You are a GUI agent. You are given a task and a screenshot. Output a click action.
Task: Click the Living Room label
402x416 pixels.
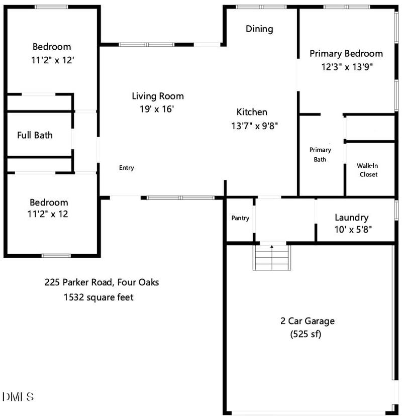[158, 96]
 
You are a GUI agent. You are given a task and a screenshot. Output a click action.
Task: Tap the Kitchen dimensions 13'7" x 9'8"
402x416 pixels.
[254, 126]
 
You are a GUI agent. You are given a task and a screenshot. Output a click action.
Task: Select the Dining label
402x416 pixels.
[259, 29]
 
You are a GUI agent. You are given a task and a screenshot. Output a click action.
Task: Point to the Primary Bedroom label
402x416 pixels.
[346, 54]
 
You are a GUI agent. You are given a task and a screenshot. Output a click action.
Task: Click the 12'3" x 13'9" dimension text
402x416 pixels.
[347, 67]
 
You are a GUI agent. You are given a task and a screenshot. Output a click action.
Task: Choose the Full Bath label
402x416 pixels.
[35, 135]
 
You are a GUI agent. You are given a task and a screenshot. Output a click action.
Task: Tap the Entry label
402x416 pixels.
[127, 168]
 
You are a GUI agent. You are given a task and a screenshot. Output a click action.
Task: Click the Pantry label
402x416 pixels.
[240, 218]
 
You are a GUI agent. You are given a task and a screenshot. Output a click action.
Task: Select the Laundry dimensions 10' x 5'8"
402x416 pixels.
[353, 230]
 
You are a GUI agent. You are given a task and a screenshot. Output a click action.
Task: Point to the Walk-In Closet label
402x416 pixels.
[368, 170]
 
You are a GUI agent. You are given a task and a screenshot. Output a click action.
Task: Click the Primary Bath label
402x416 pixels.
[320, 155]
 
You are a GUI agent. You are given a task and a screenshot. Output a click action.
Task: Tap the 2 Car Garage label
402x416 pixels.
[308, 321]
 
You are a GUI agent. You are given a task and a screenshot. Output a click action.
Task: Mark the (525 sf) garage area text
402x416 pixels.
[306, 334]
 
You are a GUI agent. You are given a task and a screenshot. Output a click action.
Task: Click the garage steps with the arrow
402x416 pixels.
[272, 257]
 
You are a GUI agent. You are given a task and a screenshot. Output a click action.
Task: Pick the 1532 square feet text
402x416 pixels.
[98, 297]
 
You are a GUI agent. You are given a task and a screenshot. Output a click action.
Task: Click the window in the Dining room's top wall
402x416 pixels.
[261, 7]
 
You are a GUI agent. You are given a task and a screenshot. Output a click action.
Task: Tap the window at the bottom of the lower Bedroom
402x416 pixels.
[56, 256]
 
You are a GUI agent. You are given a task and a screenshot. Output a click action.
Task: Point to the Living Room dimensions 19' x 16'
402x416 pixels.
[157, 109]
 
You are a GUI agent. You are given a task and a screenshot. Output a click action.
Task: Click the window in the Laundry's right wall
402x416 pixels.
[396, 210]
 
